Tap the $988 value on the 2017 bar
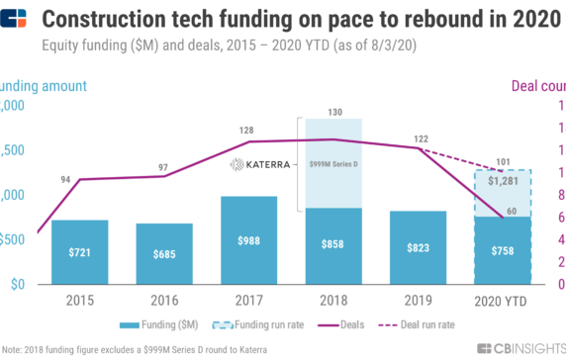[248, 240]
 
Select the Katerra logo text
[260, 164]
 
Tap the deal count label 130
[333, 112]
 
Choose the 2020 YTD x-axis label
[502, 300]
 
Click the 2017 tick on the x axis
[248, 300]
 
